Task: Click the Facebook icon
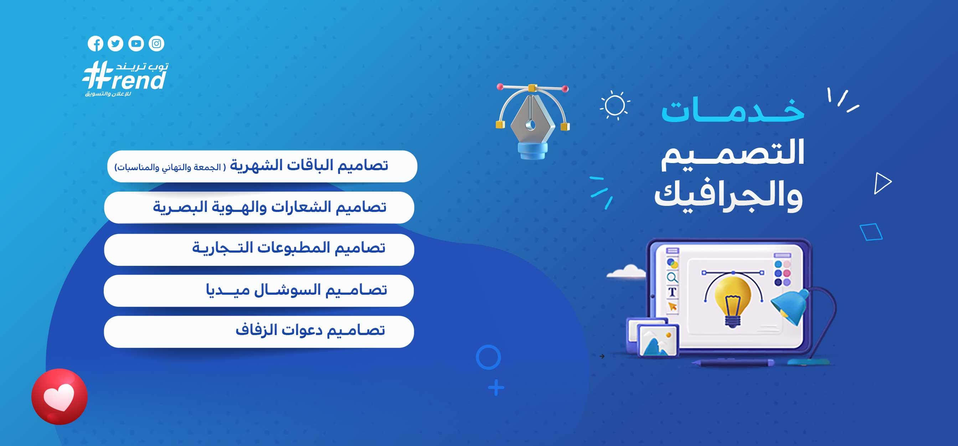coord(96,44)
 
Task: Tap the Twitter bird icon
coord(115,44)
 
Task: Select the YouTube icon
coord(136,44)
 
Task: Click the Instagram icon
coord(156,44)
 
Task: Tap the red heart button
coord(60,396)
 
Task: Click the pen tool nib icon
coord(532,121)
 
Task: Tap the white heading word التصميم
coord(733,153)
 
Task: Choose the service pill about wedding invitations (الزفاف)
coord(259,332)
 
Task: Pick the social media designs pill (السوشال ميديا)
coord(259,291)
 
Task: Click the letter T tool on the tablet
coord(672,292)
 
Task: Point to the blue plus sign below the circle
coord(496,388)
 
